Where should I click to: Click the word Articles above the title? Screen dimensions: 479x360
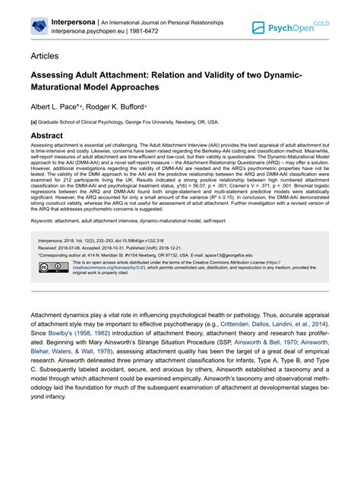(46, 57)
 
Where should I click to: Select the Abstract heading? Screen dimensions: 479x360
(52, 136)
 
